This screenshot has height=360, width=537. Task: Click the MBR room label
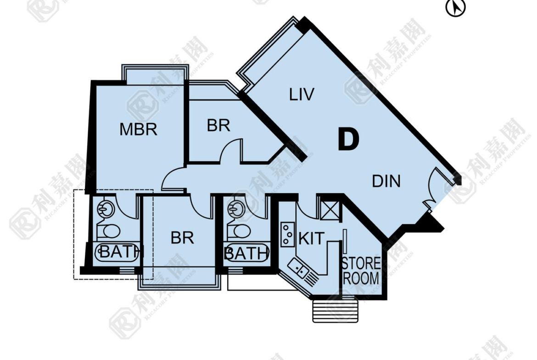(x=138, y=129)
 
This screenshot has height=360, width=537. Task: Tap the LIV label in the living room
(x=302, y=94)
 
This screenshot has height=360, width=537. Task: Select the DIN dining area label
(x=386, y=181)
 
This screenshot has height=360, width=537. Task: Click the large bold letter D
(x=348, y=139)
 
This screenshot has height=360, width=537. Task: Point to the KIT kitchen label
(x=311, y=238)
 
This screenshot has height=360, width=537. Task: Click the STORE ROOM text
(x=361, y=271)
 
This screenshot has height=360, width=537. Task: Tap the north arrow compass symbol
(x=455, y=7)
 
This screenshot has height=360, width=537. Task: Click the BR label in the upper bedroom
(x=218, y=126)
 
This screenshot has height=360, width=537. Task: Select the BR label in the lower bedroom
(x=182, y=238)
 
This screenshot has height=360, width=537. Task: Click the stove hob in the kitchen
(x=288, y=234)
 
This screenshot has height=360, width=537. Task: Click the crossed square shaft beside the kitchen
(x=330, y=208)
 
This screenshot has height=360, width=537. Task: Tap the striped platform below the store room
(x=336, y=311)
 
